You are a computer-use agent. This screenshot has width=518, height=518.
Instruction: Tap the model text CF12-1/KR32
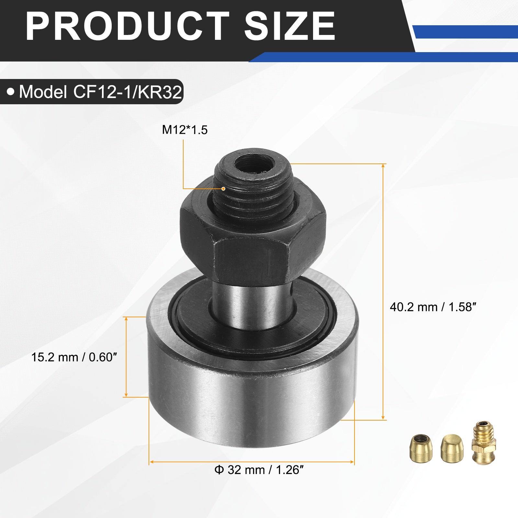click(x=128, y=92)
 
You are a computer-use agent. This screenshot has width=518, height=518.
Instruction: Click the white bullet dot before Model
click(x=11, y=92)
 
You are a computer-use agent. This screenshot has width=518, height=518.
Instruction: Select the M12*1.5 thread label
click(x=185, y=130)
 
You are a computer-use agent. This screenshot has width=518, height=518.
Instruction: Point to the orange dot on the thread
click(x=223, y=188)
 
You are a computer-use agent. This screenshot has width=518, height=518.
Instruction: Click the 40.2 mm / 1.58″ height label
click(x=433, y=307)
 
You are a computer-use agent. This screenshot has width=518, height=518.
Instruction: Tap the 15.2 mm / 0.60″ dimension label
click(x=74, y=357)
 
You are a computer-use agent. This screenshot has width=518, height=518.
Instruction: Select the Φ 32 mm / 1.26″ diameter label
click(x=259, y=470)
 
